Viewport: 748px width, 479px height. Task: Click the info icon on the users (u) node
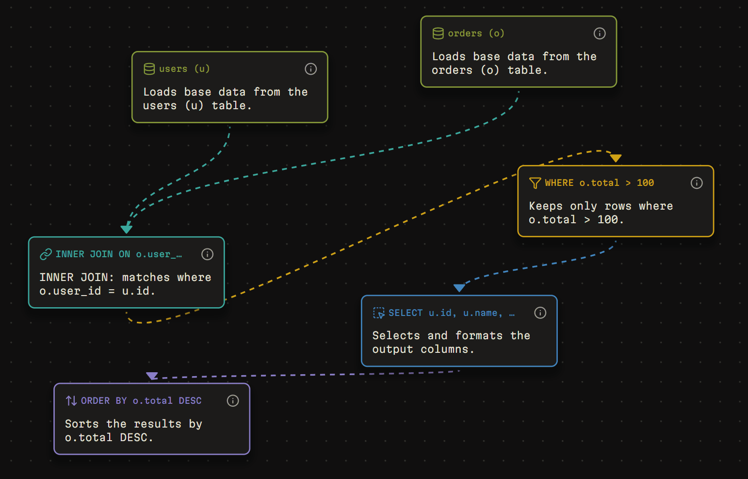(310, 69)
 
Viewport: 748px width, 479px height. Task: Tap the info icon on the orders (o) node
(600, 33)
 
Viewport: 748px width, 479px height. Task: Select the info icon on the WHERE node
(696, 182)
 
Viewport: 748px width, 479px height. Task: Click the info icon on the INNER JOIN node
(207, 254)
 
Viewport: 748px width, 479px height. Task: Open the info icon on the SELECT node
(540, 313)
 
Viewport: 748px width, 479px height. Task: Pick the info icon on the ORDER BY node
(233, 400)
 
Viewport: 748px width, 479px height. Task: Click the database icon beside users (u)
(149, 69)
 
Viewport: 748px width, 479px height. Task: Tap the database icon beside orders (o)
(438, 33)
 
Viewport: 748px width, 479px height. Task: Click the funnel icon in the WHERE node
(535, 183)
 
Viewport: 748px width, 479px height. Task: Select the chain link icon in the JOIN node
(46, 254)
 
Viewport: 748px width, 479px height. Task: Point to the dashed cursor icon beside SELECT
(379, 313)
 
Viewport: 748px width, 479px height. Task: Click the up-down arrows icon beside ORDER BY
(71, 400)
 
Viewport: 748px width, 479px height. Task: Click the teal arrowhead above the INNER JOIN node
(126, 229)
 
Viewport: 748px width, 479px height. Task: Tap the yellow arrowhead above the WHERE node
(616, 158)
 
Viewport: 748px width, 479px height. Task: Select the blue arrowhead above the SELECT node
(459, 288)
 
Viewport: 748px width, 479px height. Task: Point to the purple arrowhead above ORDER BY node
(152, 376)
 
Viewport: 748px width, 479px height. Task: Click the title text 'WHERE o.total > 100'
(600, 182)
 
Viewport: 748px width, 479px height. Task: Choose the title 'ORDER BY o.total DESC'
(141, 400)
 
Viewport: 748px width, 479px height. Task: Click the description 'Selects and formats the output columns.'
(451, 342)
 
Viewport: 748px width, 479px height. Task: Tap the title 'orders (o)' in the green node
(476, 33)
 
